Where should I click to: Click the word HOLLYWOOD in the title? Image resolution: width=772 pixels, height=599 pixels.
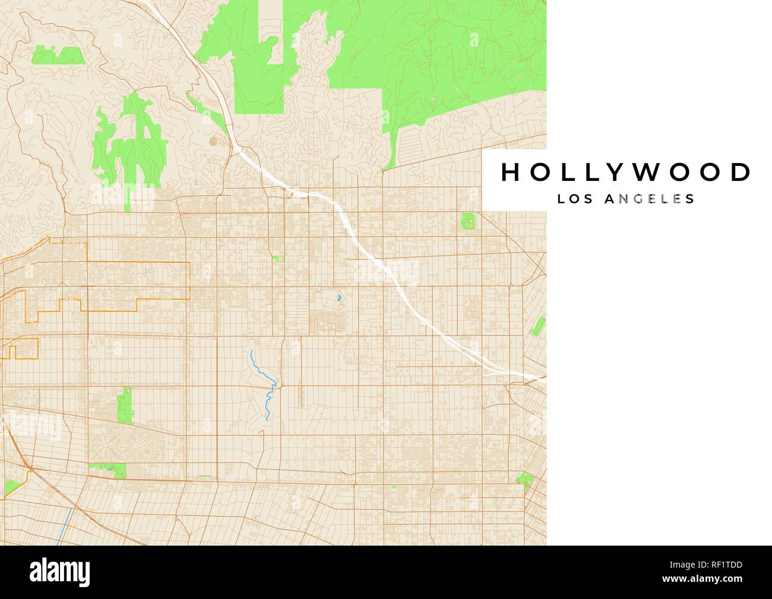(x=626, y=172)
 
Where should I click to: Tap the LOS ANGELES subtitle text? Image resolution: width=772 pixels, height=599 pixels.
(x=626, y=199)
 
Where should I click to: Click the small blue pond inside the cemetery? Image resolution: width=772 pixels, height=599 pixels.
(x=338, y=298)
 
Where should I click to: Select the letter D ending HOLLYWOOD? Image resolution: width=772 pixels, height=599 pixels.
(x=740, y=172)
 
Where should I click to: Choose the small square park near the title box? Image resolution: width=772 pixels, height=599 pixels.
(x=469, y=222)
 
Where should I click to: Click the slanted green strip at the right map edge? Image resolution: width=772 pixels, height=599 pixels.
(x=539, y=327)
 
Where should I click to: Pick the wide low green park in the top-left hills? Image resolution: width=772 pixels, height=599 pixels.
(x=57, y=56)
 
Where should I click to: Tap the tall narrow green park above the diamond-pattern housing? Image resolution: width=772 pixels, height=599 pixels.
(x=125, y=404)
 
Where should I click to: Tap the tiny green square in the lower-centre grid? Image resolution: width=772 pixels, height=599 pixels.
(x=393, y=487)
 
